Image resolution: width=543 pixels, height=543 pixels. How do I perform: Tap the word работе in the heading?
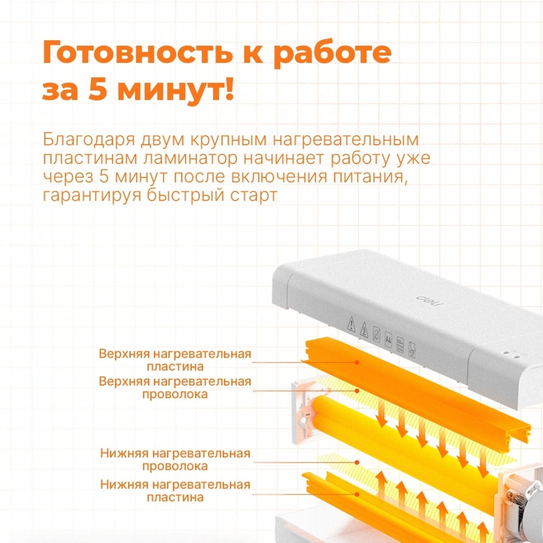click(x=333, y=53)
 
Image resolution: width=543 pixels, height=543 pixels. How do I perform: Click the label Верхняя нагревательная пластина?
click(x=175, y=360)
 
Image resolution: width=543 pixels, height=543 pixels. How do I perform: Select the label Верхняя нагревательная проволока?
click(x=175, y=388)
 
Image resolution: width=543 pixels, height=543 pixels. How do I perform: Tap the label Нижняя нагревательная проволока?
click(x=175, y=460)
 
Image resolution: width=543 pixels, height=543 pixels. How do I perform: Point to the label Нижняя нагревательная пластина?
click(x=175, y=491)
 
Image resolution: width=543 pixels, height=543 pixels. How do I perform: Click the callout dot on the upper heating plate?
click(x=357, y=363)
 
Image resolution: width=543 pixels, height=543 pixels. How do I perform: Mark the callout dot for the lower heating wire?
click(x=357, y=463)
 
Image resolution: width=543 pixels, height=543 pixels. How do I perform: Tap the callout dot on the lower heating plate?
click(x=357, y=495)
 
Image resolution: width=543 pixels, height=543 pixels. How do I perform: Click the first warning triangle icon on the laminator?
click(x=351, y=324)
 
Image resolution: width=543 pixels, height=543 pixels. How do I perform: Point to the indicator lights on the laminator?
click(x=511, y=354)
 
